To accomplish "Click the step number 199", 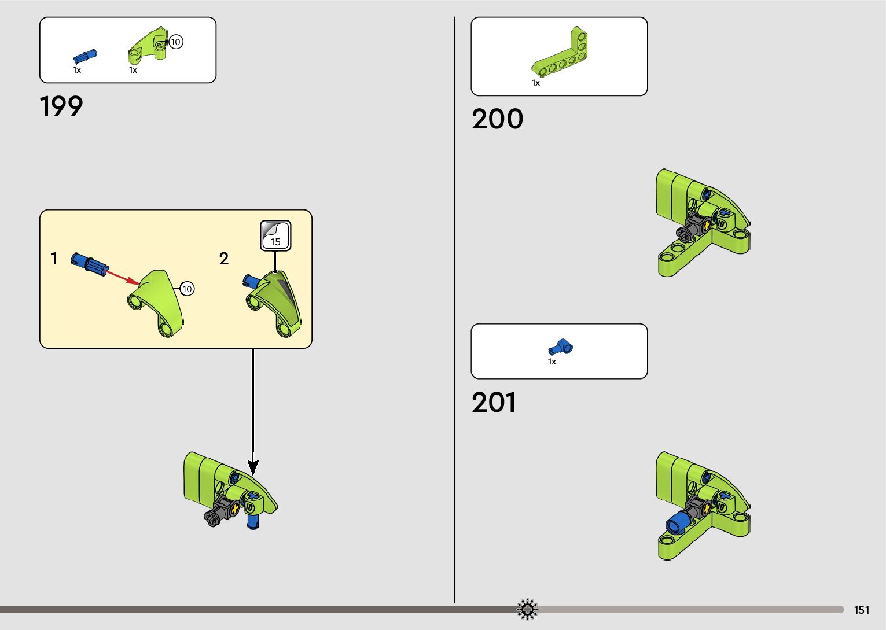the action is click(x=61, y=106).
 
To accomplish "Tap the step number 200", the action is click(x=497, y=119).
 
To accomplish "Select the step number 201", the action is click(x=494, y=403).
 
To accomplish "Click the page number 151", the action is click(x=861, y=610).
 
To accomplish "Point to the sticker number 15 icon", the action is click(x=275, y=235).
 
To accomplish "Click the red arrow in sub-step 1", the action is click(x=122, y=276).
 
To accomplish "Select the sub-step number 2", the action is click(x=224, y=259).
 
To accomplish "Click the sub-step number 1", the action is click(x=54, y=259).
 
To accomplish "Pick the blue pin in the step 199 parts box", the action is click(x=85, y=56).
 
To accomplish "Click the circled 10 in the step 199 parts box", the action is click(x=175, y=42).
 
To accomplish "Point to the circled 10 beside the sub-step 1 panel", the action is click(x=187, y=289).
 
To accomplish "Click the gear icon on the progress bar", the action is click(x=527, y=609).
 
